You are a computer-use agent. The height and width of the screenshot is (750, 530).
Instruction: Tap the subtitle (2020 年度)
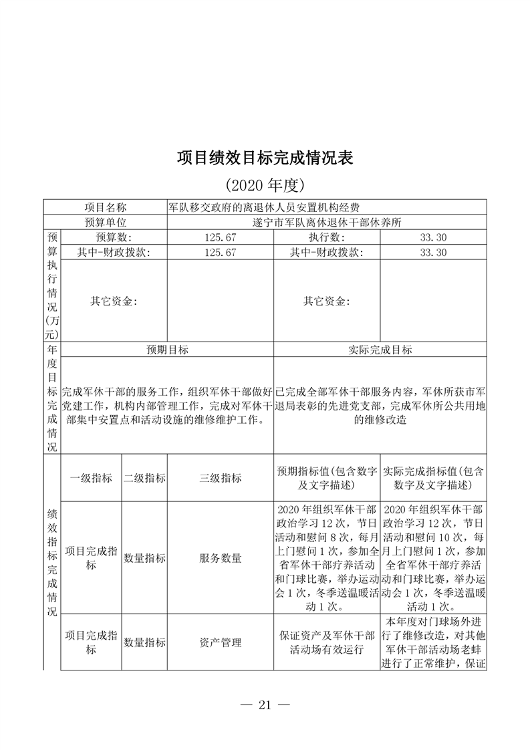pos(265,184)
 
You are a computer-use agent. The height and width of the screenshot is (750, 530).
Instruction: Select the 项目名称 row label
pos(105,208)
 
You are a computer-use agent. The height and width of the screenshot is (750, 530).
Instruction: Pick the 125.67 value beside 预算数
pos(220,238)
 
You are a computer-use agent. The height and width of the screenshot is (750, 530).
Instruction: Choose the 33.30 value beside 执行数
pos(433,238)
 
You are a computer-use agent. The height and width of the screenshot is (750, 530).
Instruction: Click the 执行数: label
pos(326,238)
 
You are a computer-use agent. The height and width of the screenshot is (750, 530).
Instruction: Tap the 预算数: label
pos(114,238)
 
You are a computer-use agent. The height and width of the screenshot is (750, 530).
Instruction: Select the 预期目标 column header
pos(167,350)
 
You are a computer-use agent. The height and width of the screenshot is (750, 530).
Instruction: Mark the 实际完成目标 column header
pos(380,350)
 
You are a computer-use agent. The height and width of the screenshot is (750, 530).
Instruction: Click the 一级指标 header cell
pos(91,478)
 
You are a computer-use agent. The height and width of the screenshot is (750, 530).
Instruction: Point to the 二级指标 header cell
pos(144,478)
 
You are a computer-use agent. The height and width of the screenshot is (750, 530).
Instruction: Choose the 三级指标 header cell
pos(220,478)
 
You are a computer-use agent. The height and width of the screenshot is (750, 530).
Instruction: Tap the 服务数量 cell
pos(220,558)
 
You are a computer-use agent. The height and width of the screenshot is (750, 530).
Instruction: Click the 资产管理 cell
pos(220,642)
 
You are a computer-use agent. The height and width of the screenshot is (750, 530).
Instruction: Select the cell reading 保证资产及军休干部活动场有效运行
pos(326,642)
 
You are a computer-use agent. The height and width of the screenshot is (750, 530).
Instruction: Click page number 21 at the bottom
pos(265,705)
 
